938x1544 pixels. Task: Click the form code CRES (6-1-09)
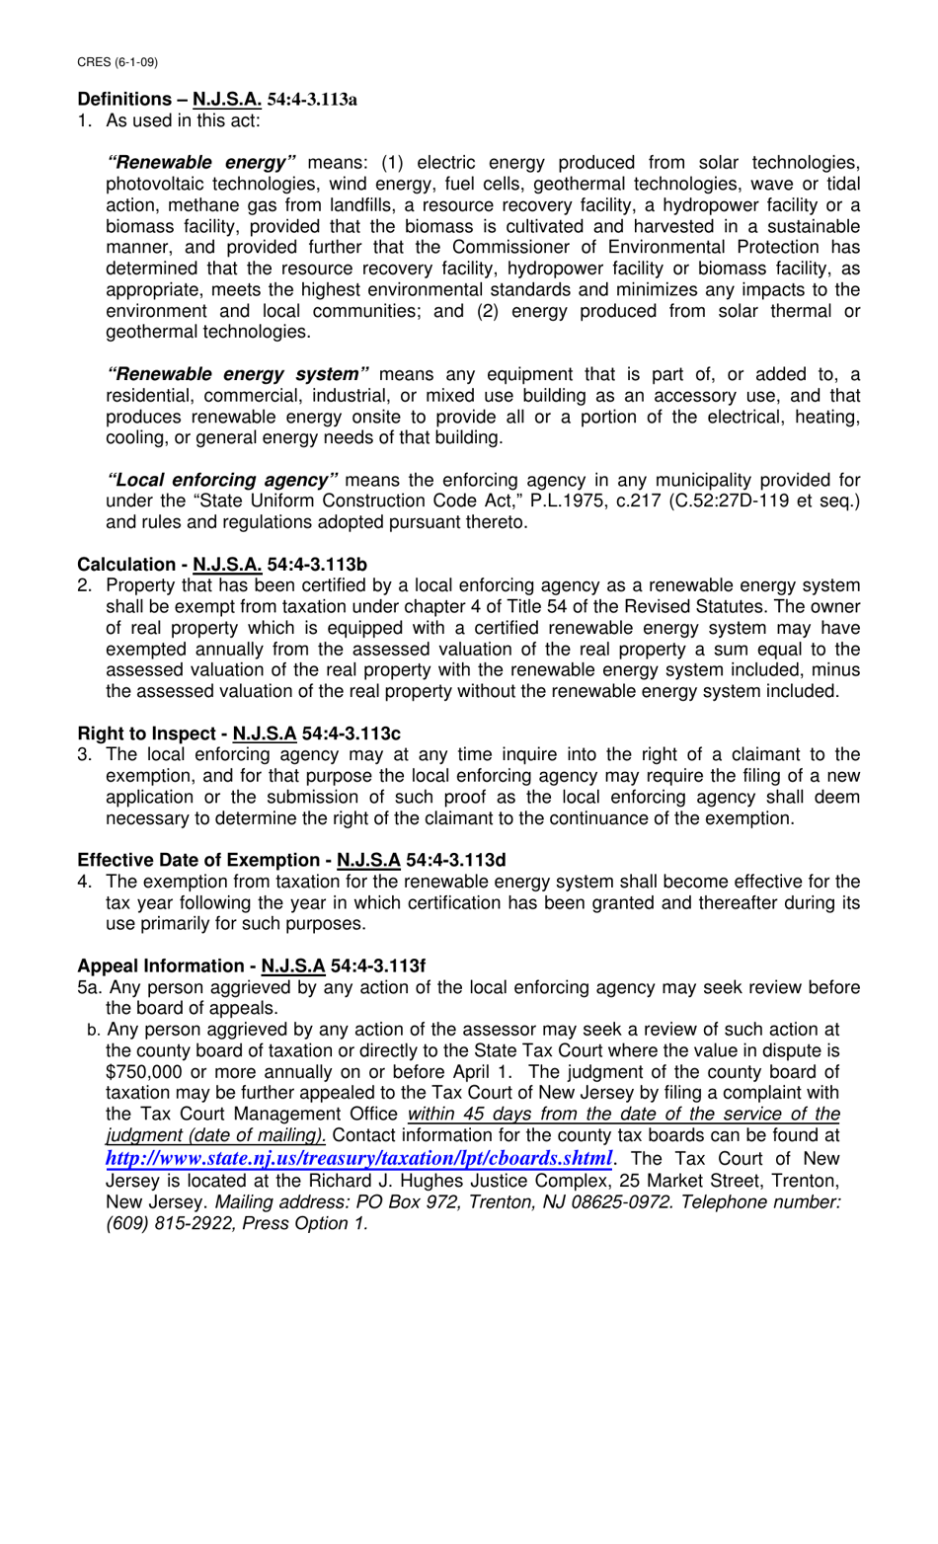[x=117, y=62]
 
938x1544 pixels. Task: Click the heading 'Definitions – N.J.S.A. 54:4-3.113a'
[x=217, y=100]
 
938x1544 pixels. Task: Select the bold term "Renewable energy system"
[x=238, y=375]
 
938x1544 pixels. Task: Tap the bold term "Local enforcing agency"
[x=222, y=481]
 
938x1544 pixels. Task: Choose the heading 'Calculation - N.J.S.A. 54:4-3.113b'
[x=222, y=565]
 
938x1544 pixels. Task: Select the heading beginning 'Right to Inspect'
[x=239, y=733]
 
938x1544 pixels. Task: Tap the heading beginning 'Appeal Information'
[x=251, y=966]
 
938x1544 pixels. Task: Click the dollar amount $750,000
[x=143, y=1072]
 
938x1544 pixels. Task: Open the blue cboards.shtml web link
[x=358, y=1158]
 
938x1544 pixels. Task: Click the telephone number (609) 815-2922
[x=158, y=1224]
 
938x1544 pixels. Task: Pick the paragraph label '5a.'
[x=90, y=988]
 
